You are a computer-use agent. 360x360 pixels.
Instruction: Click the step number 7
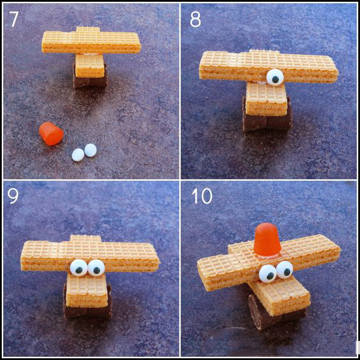[x=14, y=19]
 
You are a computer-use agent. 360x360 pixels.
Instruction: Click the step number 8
[x=195, y=19]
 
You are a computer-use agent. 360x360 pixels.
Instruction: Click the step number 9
[x=13, y=196]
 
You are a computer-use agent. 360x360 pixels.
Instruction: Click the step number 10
[x=202, y=196]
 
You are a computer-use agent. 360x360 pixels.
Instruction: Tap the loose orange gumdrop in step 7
[x=51, y=134]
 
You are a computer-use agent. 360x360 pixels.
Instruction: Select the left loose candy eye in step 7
[x=78, y=154]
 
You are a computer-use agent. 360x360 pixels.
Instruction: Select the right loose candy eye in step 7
[x=91, y=150]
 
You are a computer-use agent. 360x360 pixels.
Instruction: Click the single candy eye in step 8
[x=275, y=77]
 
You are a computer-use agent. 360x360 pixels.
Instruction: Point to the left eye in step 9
[x=79, y=267]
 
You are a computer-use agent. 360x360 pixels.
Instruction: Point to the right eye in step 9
[x=96, y=267]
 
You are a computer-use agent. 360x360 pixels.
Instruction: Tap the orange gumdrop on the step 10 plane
[x=267, y=240]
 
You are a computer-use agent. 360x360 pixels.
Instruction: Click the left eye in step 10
[x=267, y=273]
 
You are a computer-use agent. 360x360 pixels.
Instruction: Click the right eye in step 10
[x=285, y=269]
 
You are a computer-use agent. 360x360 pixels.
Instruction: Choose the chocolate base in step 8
[x=267, y=119]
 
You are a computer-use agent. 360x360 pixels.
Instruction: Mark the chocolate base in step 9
[x=87, y=306]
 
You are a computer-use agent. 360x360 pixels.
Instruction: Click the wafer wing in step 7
[x=91, y=42]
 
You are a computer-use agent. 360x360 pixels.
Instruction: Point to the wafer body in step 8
[x=266, y=99]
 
